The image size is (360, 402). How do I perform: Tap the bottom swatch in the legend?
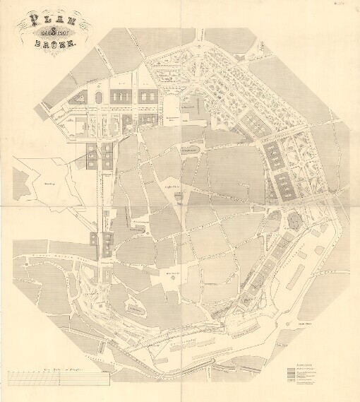click(x=289, y=386)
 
